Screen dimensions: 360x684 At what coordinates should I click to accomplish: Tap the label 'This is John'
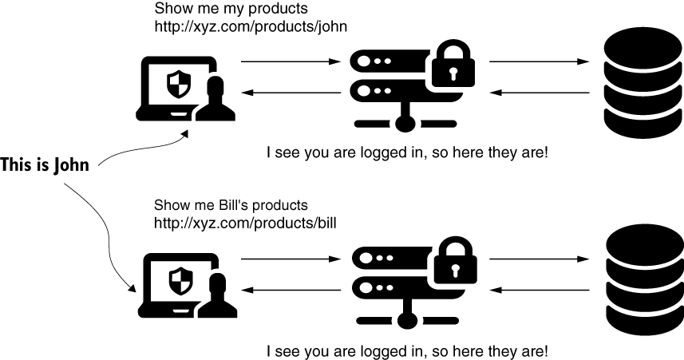tap(45, 166)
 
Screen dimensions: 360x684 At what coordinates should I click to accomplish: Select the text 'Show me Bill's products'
tap(231, 205)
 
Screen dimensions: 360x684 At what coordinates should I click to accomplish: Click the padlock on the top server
tap(453, 68)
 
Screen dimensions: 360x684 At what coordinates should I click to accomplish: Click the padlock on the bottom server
tap(453, 263)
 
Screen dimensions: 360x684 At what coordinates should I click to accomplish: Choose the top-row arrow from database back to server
tap(540, 93)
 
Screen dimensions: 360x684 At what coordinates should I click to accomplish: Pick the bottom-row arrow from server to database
tap(540, 259)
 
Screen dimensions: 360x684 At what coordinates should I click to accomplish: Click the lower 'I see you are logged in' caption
tap(407, 350)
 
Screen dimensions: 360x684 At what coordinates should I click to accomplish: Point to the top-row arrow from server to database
tap(540, 61)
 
